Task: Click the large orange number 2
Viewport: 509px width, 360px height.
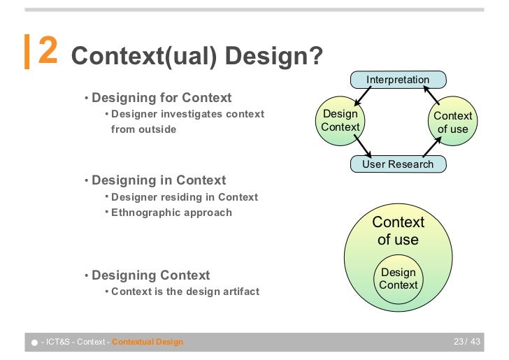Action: pyautogui.click(x=48, y=51)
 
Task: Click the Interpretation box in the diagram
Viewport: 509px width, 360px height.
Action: pyautogui.click(x=398, y=80)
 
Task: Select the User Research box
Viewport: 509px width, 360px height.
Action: pyautogui.click(x=398, y=164)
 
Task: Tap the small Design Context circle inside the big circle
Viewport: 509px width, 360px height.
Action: pyautogui.click(x=398, y=278)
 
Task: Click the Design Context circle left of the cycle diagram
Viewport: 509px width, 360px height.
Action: pyautogui.click(x=340, y=120)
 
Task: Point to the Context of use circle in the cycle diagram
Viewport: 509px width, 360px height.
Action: pyautogui.click(x=452, y=122)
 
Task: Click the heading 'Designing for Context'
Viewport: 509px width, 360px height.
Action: pyautogui.click(x=162, y=97)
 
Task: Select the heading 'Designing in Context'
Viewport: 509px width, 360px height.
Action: pyautogui.click(x=159, y=180)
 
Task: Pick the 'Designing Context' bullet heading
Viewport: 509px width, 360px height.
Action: pyautogui.click(x=150, y=275)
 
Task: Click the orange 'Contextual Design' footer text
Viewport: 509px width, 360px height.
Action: pyautogui.click(x=148, y=342)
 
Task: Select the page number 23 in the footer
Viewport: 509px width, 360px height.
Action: pyautogui.click(x=459, y=342)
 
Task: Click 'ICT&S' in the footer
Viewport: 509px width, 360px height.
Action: pyautogui.click(x=57, y=342)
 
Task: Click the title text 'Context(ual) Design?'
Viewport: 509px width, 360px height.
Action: pyautogui.click(x=197, y=57)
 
